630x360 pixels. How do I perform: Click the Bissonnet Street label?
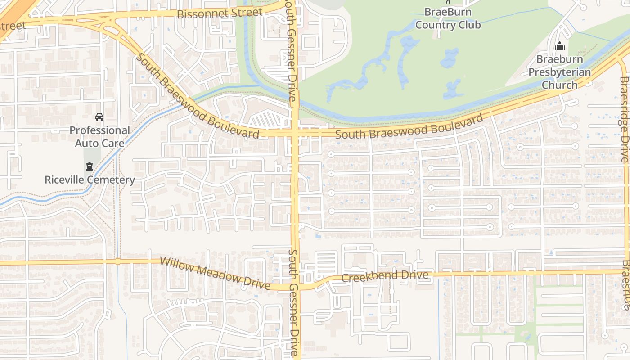tap(219, 13)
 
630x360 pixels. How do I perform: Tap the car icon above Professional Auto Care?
tap(99, 117)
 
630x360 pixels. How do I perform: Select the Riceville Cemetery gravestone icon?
tap(90, 166)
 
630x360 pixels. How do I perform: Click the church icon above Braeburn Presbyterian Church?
tap(560, 46)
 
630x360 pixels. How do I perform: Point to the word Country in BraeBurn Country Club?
tap(436, 25)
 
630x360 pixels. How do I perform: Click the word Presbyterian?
tap(559, 72)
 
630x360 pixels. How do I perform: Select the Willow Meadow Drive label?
tap(215, 273)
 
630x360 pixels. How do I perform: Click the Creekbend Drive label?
tap(385, 276)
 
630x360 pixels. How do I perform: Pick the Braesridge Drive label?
tap(624, 119)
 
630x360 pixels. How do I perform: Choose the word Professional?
tap(99, 130)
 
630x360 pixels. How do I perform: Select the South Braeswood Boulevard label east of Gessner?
tap(409, 127)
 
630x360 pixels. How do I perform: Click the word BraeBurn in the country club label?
tap(448, 12)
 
